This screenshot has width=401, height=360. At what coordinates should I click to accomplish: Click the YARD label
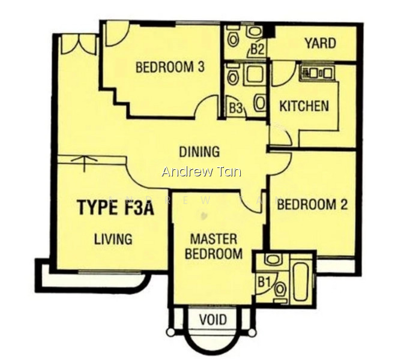point(320,43)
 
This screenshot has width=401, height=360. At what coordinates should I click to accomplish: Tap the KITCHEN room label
point(304,106)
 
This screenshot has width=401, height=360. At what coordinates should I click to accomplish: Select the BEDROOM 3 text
point(170,67)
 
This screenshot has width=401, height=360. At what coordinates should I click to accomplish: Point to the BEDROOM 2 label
point(312,205)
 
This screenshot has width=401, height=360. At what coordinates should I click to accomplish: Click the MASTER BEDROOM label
point(214,247)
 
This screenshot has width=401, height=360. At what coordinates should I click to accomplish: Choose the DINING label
point(199,152)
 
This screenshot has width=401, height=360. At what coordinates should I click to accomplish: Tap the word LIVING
point(113,239)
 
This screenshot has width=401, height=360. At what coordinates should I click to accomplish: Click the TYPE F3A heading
point(116,208)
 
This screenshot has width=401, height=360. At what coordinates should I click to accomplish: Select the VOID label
point(213,320)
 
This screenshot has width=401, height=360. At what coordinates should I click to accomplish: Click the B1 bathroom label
point(264,283)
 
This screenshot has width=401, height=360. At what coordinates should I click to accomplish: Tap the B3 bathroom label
point(236,108)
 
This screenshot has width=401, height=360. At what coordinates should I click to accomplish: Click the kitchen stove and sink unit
point(317,73)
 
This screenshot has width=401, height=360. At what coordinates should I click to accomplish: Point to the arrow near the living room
point(85,164)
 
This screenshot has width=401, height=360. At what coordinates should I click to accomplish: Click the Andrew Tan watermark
point(202,172)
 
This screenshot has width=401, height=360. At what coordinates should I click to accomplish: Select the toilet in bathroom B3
point(232,75)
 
